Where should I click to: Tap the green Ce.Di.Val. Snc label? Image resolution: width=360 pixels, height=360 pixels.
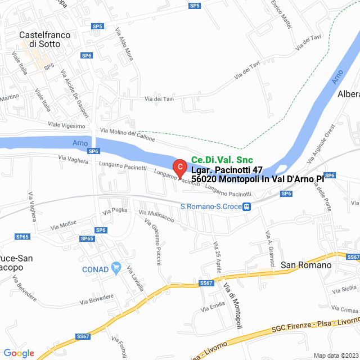click(222, 160)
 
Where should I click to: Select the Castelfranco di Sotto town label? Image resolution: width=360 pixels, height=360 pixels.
click(44, 39)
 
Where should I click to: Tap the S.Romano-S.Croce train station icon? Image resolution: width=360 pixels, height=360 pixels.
click(247, 207)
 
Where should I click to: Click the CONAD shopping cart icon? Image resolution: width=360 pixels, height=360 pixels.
click(116, 269)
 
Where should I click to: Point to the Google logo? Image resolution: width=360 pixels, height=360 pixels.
click(19, 353)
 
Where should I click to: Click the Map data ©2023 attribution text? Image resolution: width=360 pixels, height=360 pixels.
click(335, 355)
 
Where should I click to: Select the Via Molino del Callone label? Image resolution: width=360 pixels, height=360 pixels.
click(128, 134)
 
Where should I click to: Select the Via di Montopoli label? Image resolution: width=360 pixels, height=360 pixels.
click(233, 306)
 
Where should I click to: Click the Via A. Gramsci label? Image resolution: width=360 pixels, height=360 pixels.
click(269, 242)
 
